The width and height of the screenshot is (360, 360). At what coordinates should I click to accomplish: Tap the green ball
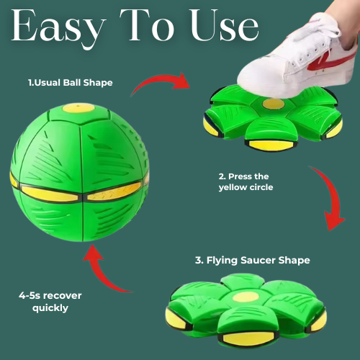pyautogui.click(x=80, y=173)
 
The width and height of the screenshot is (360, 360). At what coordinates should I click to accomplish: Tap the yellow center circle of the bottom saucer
pyautogui.click(x=246, y=297)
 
